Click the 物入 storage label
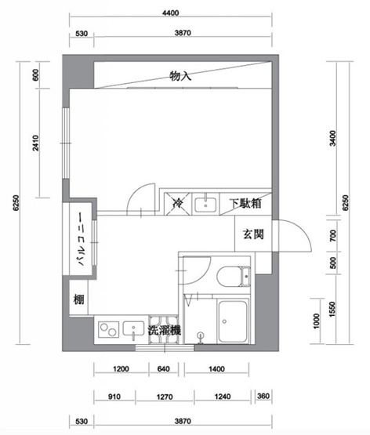181,77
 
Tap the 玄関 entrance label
252,234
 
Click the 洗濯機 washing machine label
165,330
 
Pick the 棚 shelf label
78,299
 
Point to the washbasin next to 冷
205,204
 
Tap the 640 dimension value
163,368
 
